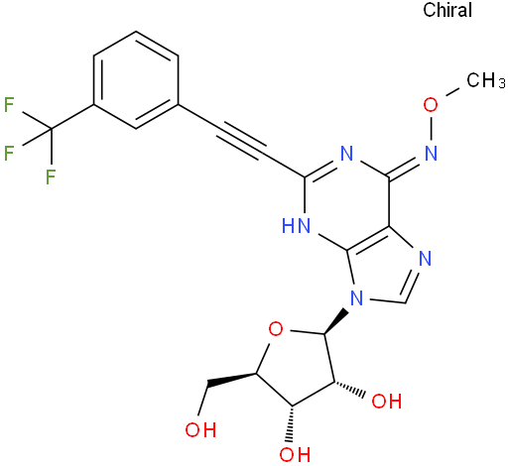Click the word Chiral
coord(447,10)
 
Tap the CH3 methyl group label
coord(486,80)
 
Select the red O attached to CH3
coord(431,104)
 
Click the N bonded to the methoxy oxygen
coord(431,154)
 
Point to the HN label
coord(297,226)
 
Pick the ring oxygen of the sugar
coord(276,329)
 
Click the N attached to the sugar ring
coord(356,298)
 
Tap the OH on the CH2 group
coord(200,429)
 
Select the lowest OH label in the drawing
coord(295,454)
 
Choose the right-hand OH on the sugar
coord(387,401)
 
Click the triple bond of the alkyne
coord(241,142)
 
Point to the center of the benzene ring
coord(136,80)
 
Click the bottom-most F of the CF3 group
coord(51,176)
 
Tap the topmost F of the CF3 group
coord(9,104)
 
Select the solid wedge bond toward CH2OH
coord(231,380)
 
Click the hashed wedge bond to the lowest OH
coord(291,423)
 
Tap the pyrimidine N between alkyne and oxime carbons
coord(346,154)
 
